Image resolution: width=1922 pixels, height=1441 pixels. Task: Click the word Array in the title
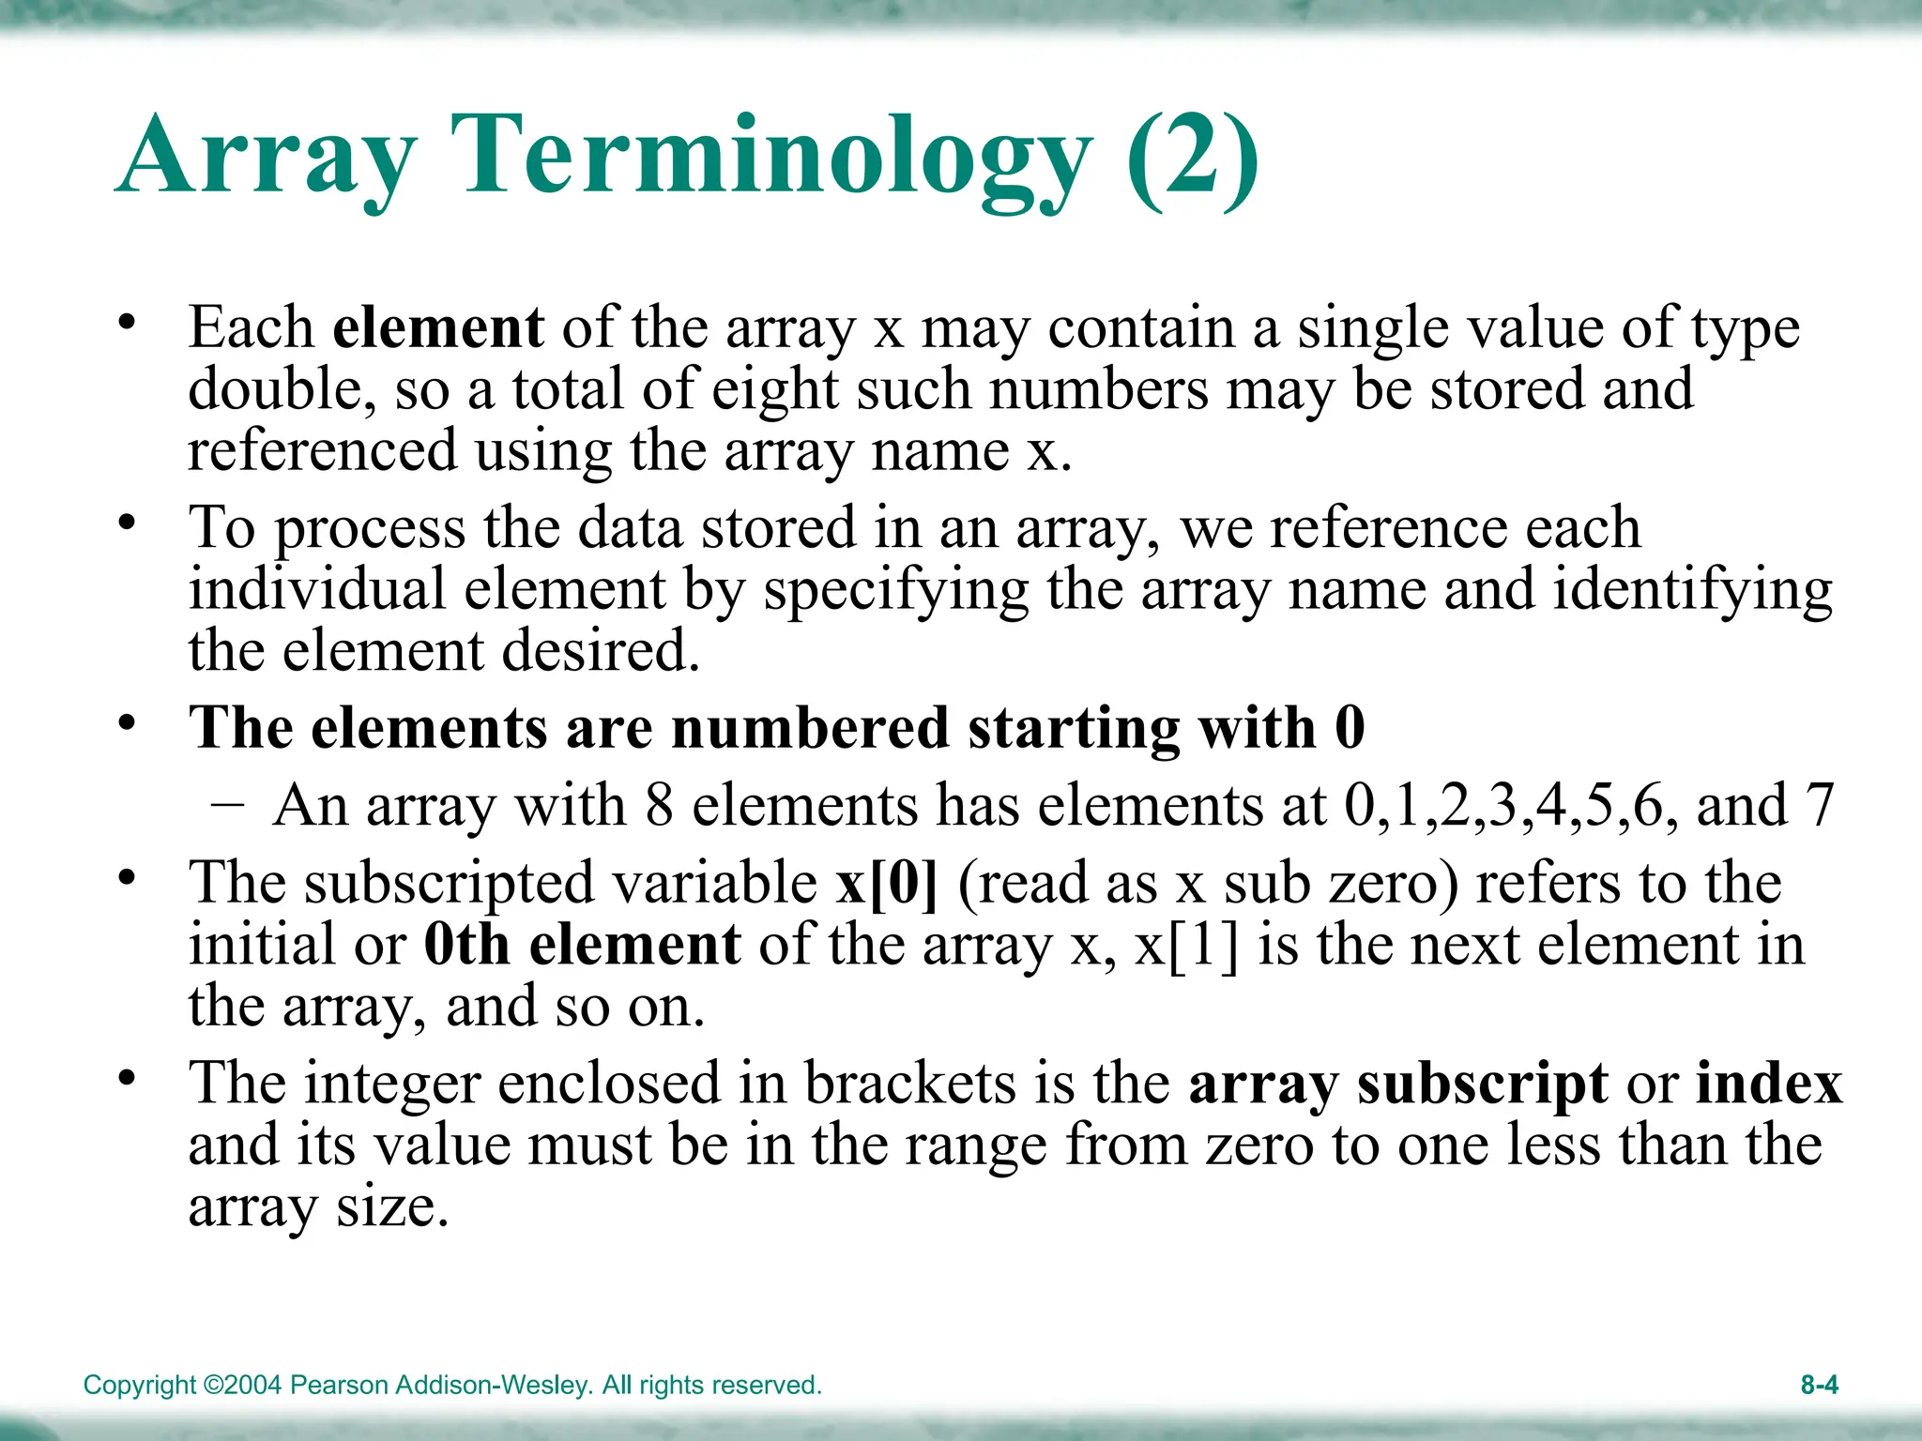click(x=267, y=156)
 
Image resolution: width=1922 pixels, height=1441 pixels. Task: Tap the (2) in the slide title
click(x=1192, y=156)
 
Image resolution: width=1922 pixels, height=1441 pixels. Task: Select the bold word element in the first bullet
click(x=438, y=327)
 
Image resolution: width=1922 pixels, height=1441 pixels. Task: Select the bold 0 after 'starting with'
click(x=1350, y=728)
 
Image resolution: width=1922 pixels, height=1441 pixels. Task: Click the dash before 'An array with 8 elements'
click(x=228, y=805)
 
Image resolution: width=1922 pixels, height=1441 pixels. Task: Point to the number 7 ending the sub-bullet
click(x=1819, y=805)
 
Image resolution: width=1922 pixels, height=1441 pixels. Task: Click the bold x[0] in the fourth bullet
click(x=887, y=883)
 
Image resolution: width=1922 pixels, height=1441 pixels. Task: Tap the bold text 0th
click(x=466, y=945)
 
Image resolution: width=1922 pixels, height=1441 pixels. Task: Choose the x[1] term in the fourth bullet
click(x=1186, y=945)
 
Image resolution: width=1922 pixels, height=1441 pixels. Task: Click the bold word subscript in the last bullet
click(x=1483, y=1085)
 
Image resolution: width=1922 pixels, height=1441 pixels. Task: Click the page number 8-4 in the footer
click(x=1819, y=1385)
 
